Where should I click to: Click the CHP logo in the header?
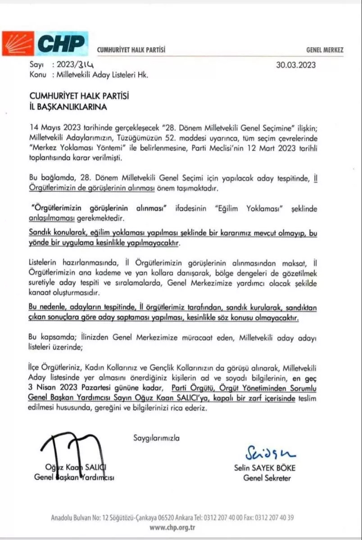45,44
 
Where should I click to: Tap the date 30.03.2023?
296,64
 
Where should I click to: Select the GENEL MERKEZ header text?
325,50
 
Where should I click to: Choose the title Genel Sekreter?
267,478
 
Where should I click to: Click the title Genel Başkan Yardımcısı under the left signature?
74,478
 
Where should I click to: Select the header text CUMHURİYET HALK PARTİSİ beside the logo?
131,50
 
